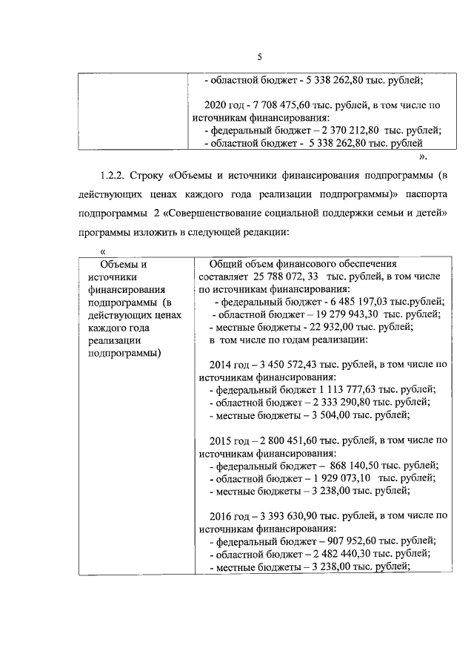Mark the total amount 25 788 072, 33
(x=277, y=276)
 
